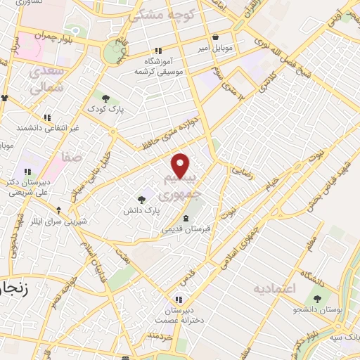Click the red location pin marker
click(x=181, y=166)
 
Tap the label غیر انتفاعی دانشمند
click(x=46, y=129)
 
